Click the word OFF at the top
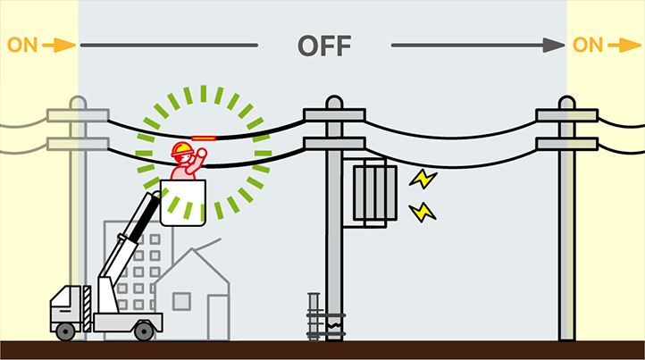[324, 46]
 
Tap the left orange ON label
[22, 45]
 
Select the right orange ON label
[589, 45]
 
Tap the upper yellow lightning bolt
[422, 180]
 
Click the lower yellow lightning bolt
[422, 212]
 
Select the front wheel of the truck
[65, 331]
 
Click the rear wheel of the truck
[143, 331]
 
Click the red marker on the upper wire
[205, 138]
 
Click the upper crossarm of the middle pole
[333, 114]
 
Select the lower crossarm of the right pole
[566, 143]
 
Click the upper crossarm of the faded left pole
[78, 115]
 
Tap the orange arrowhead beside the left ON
[65, 45]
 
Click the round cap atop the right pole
[566, 101]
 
